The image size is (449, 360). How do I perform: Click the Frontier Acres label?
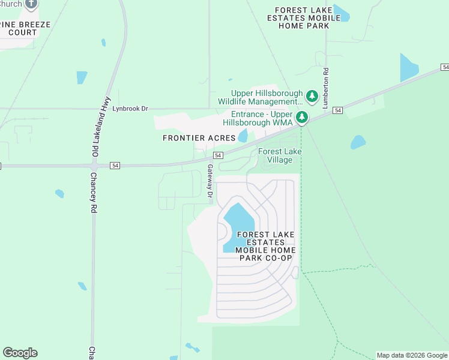(199, 138)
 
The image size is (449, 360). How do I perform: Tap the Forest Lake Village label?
(280, 155)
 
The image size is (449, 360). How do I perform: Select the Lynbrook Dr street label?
(130, 109)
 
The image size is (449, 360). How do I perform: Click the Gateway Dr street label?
(209, 181)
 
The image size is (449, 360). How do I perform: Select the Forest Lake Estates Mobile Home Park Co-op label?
(265, 246)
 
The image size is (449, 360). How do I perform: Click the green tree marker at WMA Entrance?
(303, 116)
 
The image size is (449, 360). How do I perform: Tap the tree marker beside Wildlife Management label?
(312, 96)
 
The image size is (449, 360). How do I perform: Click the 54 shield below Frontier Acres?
(218, 155)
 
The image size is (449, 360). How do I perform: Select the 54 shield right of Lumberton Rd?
(338, 110)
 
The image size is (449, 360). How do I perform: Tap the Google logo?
(20, 353)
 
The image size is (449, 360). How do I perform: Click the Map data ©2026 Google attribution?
(412, 355)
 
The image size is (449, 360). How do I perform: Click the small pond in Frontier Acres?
(243, 136)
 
